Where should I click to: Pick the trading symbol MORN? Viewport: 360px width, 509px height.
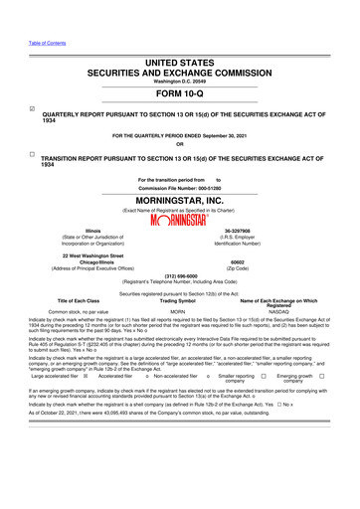[179, 311]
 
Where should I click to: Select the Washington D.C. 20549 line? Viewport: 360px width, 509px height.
[179, 80]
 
